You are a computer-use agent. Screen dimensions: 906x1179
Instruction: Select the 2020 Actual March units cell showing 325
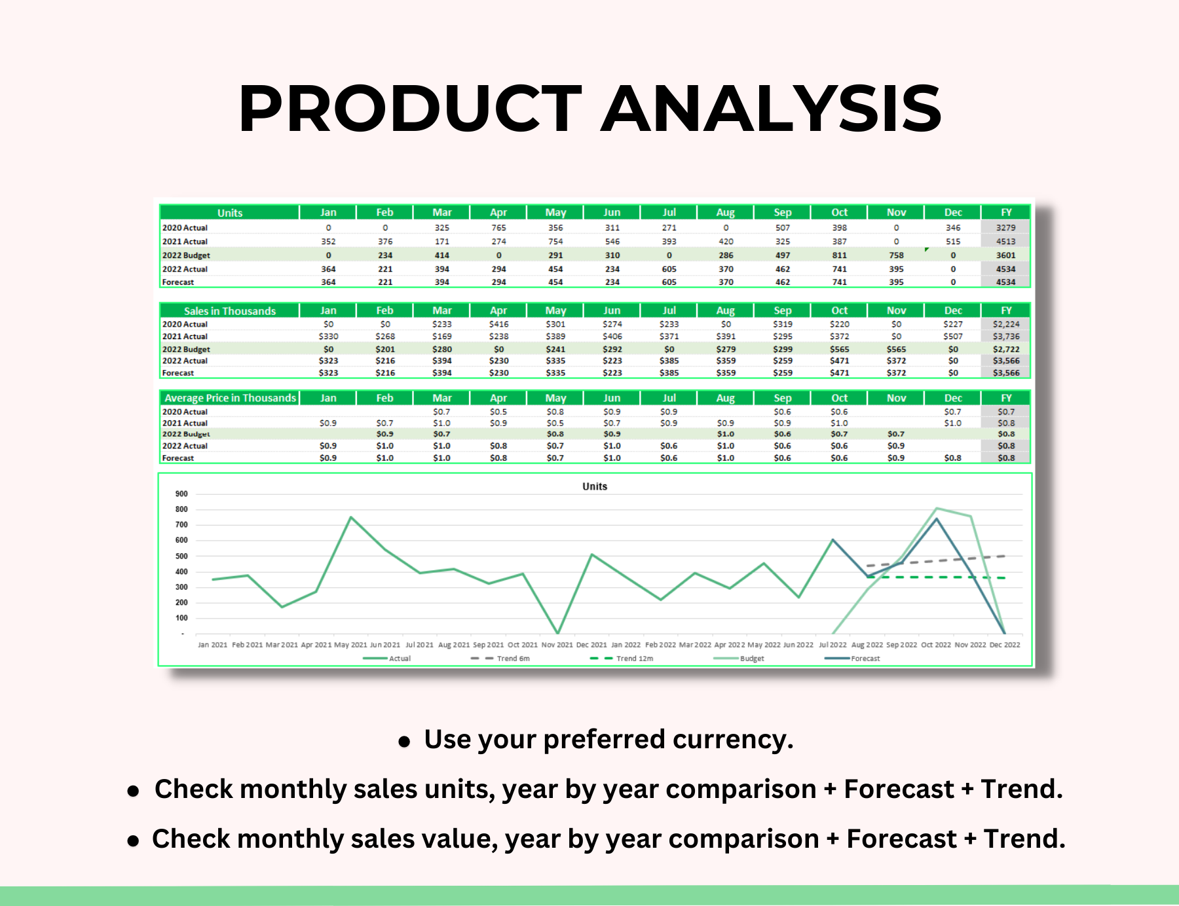442,228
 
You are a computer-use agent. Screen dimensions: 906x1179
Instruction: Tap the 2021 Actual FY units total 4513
1005,242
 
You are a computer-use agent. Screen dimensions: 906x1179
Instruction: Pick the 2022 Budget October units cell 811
839,255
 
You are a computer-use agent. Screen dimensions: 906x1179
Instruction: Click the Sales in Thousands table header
229,311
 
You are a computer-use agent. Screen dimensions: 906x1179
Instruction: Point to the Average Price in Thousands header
230,398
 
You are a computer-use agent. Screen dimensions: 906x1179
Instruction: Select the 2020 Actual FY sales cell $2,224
1005,324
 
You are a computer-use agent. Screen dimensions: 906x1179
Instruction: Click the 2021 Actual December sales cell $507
953,336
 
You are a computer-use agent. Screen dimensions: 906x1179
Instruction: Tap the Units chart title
595,486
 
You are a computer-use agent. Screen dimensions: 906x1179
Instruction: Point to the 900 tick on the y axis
181,494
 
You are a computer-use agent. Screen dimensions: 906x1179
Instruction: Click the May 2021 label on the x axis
350,645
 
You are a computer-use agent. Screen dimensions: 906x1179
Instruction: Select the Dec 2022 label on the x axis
1004,645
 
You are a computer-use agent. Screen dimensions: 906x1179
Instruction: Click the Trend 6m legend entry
513,659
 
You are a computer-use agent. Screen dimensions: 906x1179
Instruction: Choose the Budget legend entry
751,659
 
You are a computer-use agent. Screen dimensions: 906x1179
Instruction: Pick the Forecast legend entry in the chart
865,659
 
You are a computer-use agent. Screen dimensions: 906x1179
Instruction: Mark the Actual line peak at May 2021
350,517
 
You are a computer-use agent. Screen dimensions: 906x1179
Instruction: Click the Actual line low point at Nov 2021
557,633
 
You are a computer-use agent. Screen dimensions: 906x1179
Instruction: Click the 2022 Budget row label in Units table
186,255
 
